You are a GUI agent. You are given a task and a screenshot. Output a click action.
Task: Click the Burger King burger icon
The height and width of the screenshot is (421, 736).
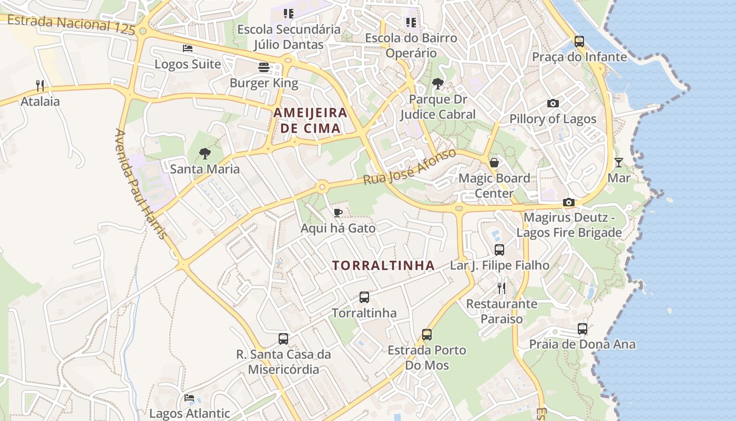coord(263,67)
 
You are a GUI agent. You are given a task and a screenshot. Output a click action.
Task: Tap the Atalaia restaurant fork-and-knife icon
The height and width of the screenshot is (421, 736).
coord(39,85)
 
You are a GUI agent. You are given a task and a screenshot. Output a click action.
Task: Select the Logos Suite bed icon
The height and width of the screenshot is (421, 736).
coord(188,48)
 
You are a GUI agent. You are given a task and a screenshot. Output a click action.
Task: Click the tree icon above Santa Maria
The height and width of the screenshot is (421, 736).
coord(205,154)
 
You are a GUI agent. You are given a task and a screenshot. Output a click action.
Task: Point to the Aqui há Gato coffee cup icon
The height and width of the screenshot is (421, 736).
coord(338,213)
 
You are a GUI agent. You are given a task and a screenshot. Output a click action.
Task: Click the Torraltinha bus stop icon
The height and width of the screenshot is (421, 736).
coord(364,297)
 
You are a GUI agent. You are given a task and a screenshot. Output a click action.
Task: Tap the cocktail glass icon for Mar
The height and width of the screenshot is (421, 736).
coord(619,162)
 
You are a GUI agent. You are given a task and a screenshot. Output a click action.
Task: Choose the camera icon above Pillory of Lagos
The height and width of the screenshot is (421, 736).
coord(553,103)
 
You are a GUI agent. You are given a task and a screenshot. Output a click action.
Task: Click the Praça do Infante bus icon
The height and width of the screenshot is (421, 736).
coord(579,41)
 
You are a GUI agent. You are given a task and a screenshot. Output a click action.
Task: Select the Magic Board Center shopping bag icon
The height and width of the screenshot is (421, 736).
coord(494,163)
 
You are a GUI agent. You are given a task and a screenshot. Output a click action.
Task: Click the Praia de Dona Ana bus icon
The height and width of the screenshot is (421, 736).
coord(582,329)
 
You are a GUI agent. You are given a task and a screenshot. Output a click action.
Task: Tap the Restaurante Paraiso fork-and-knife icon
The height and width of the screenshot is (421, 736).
coord(502,288)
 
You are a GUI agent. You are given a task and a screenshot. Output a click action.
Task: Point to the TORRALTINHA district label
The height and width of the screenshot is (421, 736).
coord(383,266)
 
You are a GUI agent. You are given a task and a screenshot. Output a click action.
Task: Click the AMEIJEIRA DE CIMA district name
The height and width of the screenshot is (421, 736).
coord(310,120)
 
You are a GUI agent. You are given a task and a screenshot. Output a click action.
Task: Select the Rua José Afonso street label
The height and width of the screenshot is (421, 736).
coord(410,167)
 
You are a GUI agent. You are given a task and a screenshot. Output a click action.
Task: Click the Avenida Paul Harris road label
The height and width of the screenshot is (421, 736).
coord(141,184)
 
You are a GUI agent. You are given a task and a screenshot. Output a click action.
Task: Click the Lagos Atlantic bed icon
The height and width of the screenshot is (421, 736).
coord(189,398)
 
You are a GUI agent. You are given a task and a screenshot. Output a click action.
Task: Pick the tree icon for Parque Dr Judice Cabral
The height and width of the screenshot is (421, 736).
coord(437,84)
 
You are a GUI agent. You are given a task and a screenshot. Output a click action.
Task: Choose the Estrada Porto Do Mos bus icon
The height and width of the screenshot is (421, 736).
coord(426,335)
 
